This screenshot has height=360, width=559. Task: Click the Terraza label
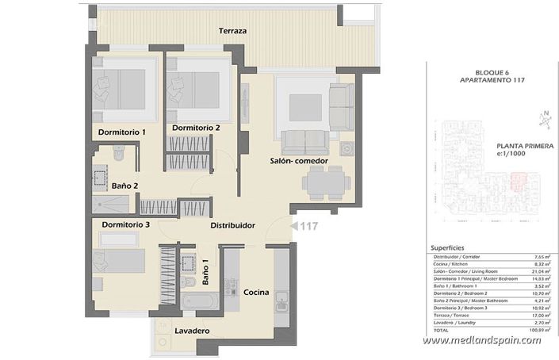[x=233, y=31]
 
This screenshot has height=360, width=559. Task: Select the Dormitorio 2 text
[x=196, y=127]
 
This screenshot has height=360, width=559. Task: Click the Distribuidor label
[x=232, y=226]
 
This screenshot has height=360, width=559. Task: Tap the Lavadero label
[x=191, y=331]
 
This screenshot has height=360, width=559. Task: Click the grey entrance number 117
[x=308, y=226]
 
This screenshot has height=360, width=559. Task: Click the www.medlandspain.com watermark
[x=481, y=340]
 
